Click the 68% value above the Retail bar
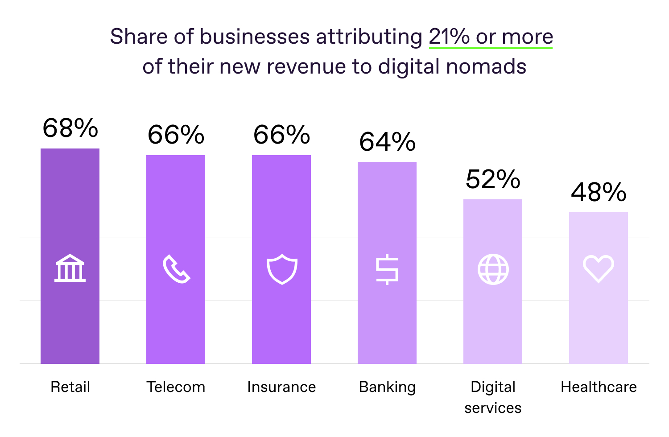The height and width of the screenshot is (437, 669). point(70,128)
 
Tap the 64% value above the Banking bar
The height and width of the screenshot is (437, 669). point(387,142)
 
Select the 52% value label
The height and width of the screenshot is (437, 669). point(493,180)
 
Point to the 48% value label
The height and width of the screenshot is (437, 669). point(599,193)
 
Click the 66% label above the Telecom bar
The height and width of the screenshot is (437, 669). point(176,135)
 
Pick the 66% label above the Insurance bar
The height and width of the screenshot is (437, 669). point(281,135)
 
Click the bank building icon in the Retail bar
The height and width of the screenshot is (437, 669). point(70,268)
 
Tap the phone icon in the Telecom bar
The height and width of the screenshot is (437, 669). point(176,269)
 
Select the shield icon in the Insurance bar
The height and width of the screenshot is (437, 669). point(281,269)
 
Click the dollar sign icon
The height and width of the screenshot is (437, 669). point(387,269)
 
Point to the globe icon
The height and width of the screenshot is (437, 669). point(493,269)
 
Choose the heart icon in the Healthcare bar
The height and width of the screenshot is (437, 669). point(599,269)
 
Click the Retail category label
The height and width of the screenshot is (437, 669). point(70,387)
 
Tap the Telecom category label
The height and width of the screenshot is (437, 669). point(176,387)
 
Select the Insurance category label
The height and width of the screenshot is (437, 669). point(281,387)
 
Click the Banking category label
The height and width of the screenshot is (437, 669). point(387,388)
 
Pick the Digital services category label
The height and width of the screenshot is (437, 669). point(493,397)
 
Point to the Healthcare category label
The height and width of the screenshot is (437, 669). point(599,387)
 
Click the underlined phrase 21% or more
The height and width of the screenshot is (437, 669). point(491,37)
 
